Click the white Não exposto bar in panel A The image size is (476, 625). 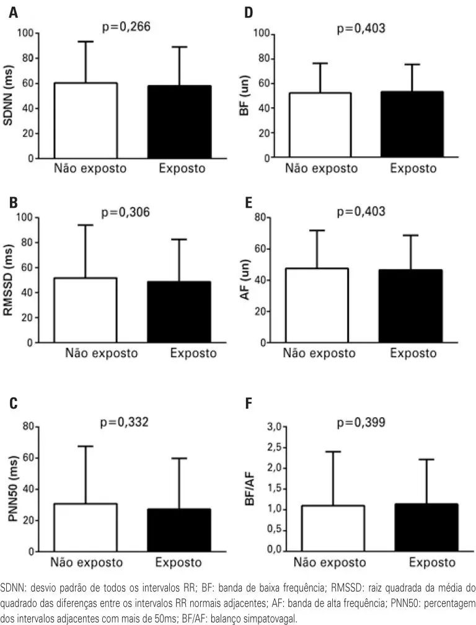(86, 120)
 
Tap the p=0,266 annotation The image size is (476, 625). (126, 27)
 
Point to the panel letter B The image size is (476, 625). (13, 203)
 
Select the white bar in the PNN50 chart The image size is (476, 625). (86, 527)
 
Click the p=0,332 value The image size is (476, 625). (125, 422)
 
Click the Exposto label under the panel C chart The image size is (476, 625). (179, 563)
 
